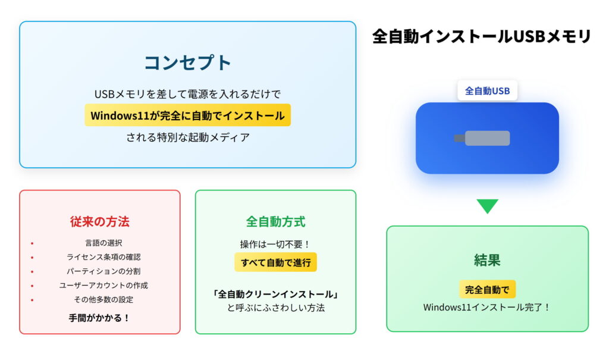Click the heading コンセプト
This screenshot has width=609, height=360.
187,62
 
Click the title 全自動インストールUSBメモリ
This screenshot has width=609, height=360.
481,36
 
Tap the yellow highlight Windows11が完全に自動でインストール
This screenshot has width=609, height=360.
187,115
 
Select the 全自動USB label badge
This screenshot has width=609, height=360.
487,91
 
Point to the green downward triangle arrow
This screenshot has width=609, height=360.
487,206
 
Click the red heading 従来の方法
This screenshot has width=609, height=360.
99,222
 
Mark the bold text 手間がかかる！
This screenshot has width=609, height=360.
99,318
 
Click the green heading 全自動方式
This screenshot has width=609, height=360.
275,222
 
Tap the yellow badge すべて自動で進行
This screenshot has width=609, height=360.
275,262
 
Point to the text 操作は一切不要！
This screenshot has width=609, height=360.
275,245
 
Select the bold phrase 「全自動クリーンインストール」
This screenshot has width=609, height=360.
275,294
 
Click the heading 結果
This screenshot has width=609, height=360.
487,260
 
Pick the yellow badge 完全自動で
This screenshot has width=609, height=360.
487,290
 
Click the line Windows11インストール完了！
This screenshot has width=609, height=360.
487,308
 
